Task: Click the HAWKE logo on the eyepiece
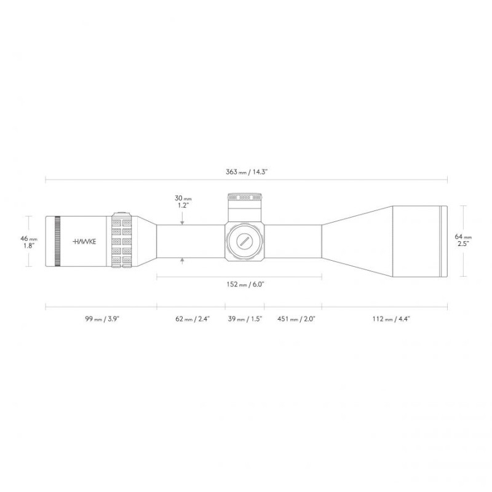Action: (x=84, y=242)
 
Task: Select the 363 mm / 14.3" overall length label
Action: (x=247, y=172)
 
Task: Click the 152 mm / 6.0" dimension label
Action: (x=245, y=285)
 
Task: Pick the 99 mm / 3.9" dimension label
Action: (x=102, y=319)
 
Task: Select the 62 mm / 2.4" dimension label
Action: (x=192, y=319)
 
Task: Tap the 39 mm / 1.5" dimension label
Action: (x=245, y=319)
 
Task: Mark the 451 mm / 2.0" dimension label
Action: (x=296, y=319)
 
